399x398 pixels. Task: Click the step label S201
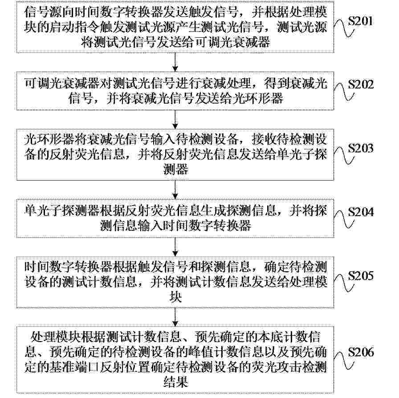tap(360, 21)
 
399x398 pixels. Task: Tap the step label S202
tap(361, 84)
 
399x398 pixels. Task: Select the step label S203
tap(361, 148)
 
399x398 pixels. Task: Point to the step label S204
tap(361, 212)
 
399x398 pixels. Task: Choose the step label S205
tap(361, 276)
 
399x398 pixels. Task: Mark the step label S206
tap(361, 352)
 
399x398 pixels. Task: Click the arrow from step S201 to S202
tap(175, 62)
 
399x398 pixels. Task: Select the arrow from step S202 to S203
tap(175, 120)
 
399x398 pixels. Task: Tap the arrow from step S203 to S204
tap(175, 190)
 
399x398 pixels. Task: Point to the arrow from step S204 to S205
tap(175, 247)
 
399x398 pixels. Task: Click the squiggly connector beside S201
tap(344, 28)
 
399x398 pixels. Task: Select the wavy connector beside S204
tap(344, 219)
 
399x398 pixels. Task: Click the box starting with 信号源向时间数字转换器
tap(175, 27)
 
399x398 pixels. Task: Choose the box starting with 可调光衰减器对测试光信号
tap(175, 91)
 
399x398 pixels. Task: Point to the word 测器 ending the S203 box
tap(175, 169)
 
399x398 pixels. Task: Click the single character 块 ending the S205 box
tap(175, 296)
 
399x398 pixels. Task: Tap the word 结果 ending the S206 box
tap(175, 381)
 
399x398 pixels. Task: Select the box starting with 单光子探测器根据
tap(175, 218)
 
